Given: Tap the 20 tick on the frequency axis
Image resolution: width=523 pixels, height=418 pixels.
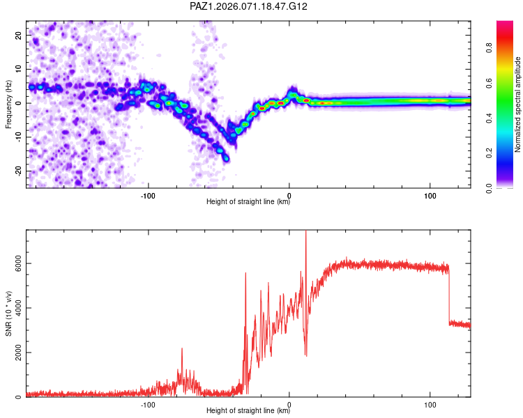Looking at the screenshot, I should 19,35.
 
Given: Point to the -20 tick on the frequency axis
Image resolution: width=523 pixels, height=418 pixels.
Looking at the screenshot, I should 17,171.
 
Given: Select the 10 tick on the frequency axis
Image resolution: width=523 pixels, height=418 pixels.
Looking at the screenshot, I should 19,69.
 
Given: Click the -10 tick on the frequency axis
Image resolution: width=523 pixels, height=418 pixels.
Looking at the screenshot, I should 17,137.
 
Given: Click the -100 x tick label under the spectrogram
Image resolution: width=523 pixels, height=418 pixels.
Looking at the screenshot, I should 148,195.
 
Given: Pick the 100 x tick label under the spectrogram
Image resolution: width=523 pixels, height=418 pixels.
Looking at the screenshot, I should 430,195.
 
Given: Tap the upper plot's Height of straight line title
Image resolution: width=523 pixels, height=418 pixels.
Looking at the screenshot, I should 248,202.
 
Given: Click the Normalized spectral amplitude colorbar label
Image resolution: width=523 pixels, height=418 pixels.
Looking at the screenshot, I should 518,104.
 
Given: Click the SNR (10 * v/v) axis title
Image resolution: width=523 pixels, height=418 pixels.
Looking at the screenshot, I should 8,313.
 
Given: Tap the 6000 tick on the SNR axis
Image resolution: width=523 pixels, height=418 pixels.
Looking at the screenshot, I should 15,263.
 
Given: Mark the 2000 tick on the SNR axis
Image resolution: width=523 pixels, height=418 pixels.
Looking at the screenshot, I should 15,353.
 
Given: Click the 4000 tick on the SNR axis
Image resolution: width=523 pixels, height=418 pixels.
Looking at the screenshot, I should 15,308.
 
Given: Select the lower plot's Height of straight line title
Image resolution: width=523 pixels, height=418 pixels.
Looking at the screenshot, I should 248,411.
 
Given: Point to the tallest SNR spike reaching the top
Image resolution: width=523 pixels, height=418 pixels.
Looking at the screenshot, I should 305,233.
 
